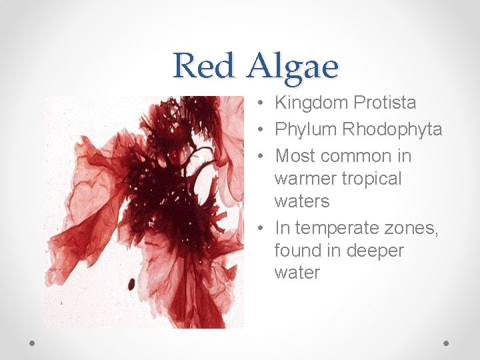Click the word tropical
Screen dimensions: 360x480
[x=372, y=179]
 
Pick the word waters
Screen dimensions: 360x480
[x=301, y=201]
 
